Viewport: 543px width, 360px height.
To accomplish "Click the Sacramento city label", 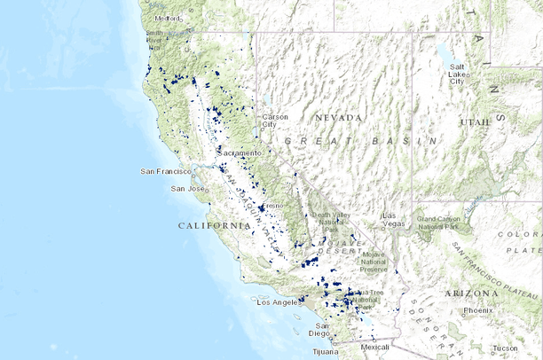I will click(236, 153).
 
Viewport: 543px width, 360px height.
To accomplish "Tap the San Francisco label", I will click(166, 171).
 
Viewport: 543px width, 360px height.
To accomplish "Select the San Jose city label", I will click(188, 189).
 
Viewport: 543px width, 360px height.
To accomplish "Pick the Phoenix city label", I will click(477, 311).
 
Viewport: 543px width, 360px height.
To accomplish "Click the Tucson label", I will click(507, 348).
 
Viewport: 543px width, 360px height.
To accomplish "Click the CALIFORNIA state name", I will click(215, 226).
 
